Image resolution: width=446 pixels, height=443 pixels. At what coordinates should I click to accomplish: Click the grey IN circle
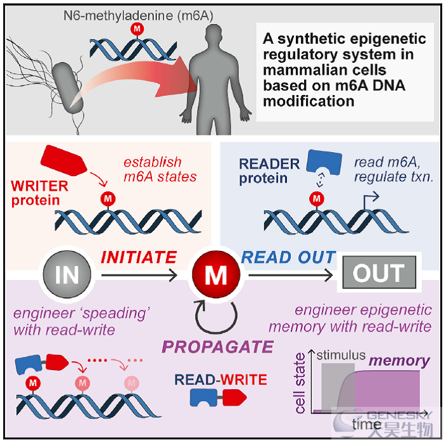tap(67, 274)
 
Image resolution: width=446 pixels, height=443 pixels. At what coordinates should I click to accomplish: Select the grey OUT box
tap(379, 273)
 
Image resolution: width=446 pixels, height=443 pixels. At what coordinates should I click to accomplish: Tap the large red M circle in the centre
tap(216, 274)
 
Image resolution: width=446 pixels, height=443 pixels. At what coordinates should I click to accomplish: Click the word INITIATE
tap(139, 257)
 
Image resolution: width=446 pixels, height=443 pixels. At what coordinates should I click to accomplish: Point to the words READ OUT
tap(288, 257)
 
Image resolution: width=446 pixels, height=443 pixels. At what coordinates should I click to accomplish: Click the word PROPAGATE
tap(217, 347)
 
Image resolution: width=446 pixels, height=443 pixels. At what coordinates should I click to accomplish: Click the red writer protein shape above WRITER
tap(63, 160)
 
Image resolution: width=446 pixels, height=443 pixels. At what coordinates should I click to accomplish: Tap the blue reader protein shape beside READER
tap(324, 162)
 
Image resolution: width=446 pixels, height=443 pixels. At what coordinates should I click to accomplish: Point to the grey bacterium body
tap(67, 88)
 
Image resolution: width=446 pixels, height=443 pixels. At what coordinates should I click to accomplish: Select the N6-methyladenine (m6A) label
tap(138, 16)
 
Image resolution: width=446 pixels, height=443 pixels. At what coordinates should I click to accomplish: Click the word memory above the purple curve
tap(399, 361)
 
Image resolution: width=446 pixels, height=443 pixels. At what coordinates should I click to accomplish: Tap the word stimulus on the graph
tap(341, 355)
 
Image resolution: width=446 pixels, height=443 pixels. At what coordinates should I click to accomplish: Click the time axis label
tap(366, 425)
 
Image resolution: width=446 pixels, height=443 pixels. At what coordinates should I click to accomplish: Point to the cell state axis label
tap(300, 383)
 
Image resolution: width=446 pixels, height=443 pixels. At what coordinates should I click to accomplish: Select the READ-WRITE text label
tap(220, 380)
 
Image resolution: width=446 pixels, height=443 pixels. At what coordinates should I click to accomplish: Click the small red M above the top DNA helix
tap(137, 29)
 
